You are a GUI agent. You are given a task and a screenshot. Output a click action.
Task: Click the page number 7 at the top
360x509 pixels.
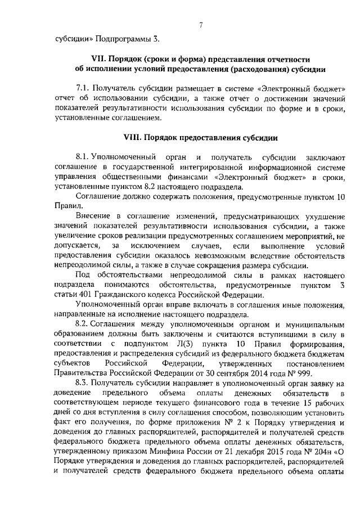tap(200, 25)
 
